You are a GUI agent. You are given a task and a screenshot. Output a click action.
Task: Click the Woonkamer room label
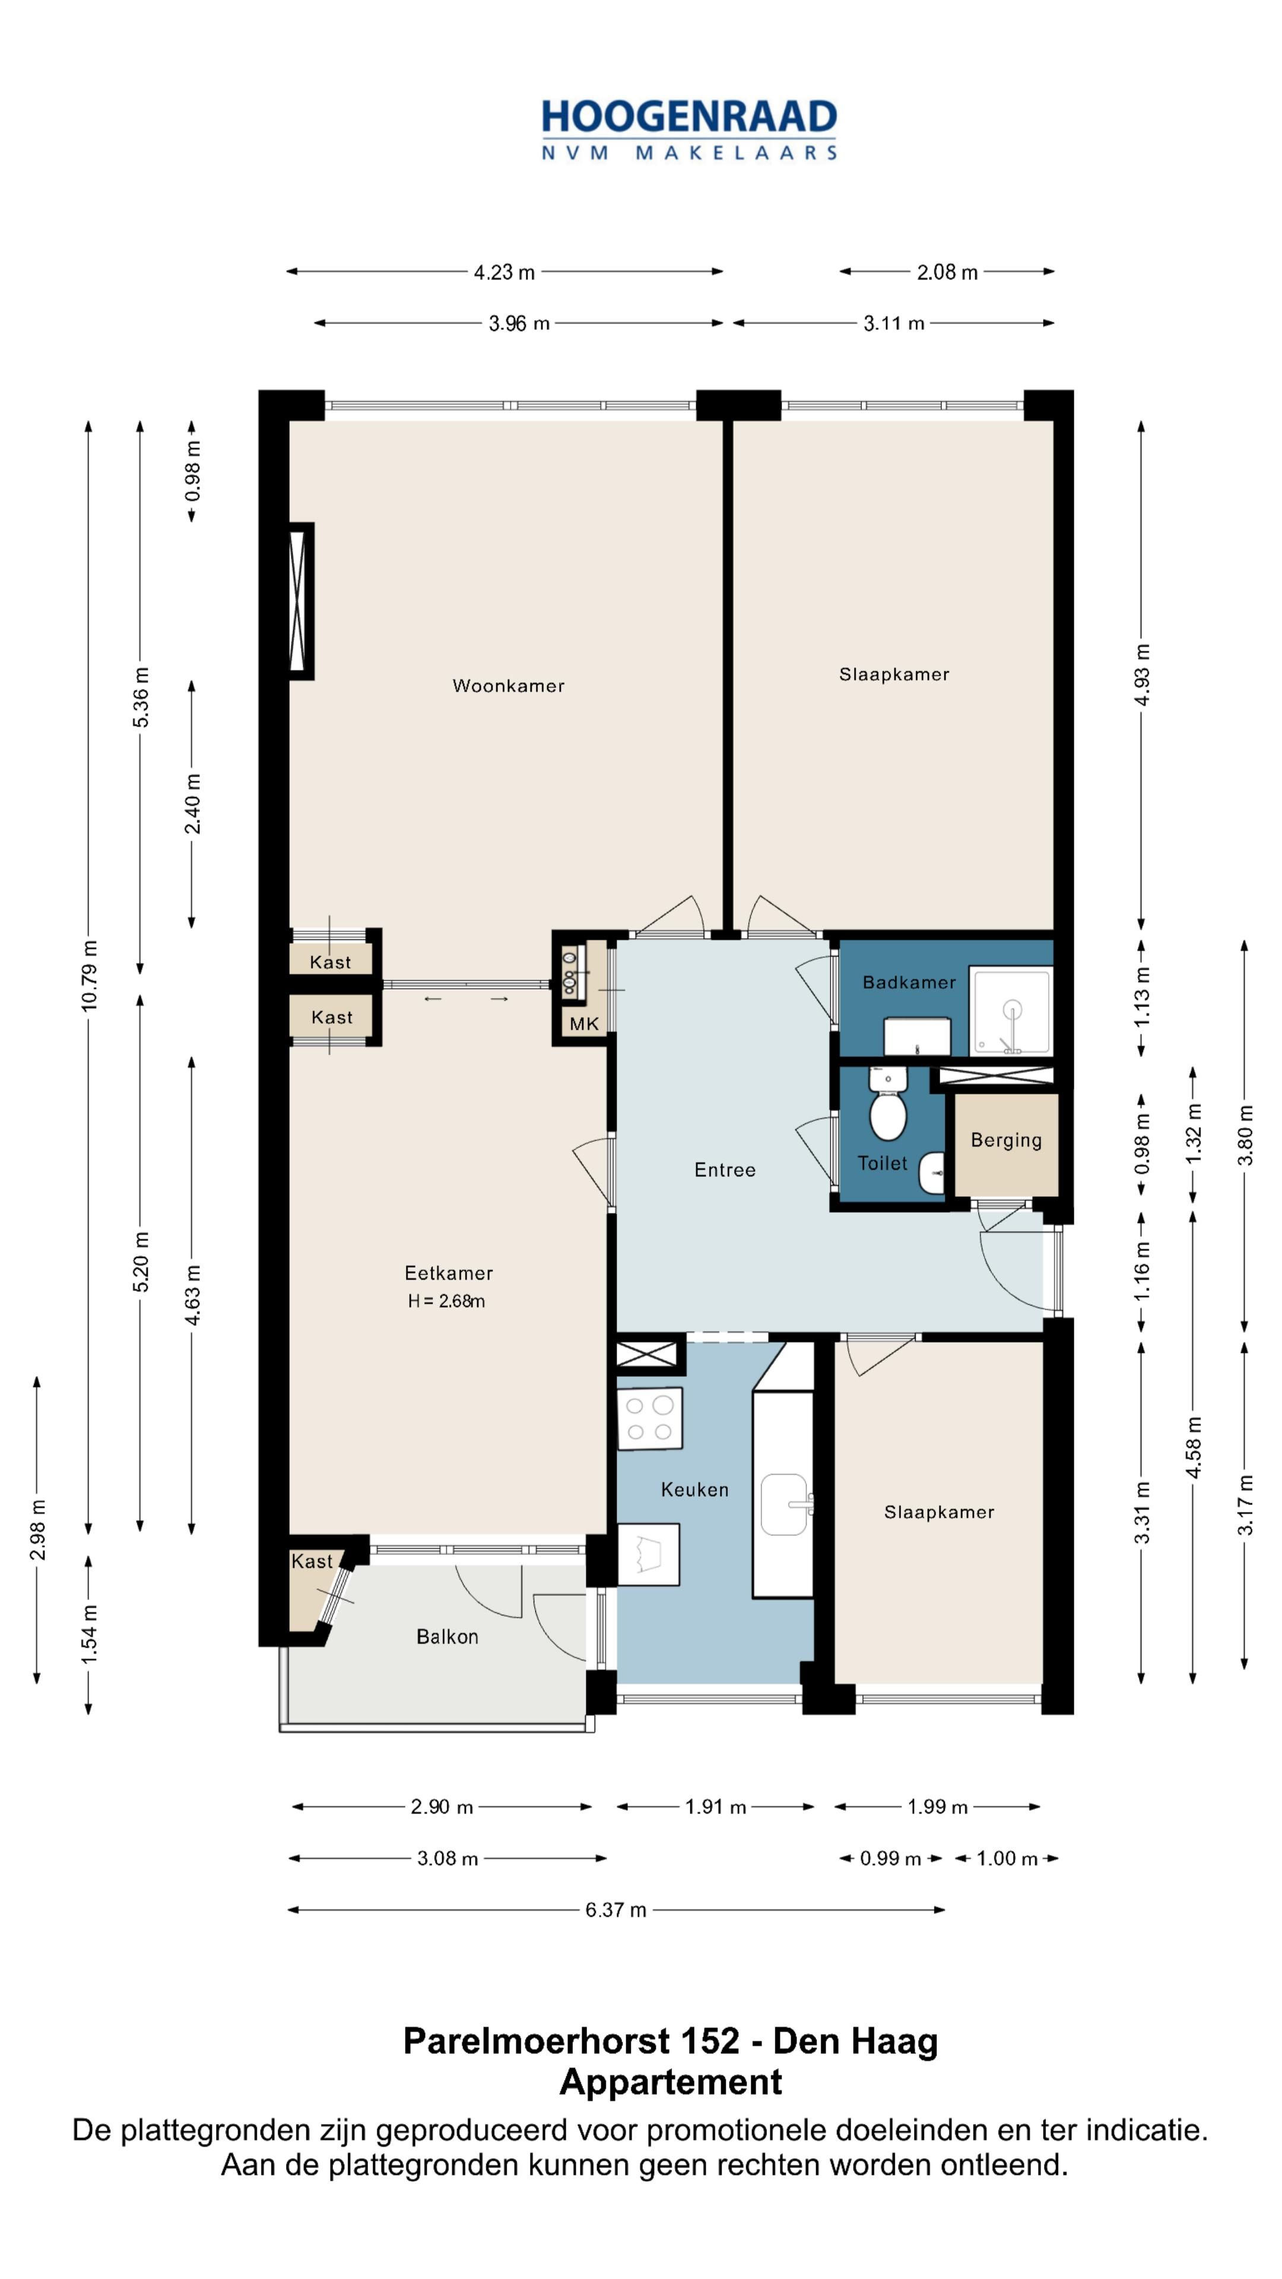[x=508, y=685]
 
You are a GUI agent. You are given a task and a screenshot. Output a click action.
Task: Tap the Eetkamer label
[x=449, y=1273]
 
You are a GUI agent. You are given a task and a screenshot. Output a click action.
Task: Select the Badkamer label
[x=909, y=982]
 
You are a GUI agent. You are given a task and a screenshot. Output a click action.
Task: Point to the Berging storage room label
[x=1006, y=1140]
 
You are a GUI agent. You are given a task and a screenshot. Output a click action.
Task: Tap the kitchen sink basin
[x=784, y=1504]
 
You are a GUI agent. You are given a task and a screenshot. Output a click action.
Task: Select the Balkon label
[x=447, y=1637]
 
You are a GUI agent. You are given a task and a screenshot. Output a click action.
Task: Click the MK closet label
[x=584, y=1024]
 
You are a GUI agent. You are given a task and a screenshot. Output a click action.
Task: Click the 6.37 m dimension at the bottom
[x=616, y=1910]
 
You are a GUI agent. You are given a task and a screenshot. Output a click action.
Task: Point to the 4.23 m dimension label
[x=504, y=272]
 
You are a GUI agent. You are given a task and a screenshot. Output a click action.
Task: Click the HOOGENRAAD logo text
[x=689, y=117]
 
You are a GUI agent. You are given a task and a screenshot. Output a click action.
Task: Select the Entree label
[x=725, y=1170]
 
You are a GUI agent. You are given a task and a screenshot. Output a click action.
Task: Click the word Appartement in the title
[x=671, y=2083]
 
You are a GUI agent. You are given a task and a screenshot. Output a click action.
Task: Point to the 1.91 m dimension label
[x=716, y=1807]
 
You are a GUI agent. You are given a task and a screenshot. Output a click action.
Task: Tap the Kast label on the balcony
[x=312, y=1561]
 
